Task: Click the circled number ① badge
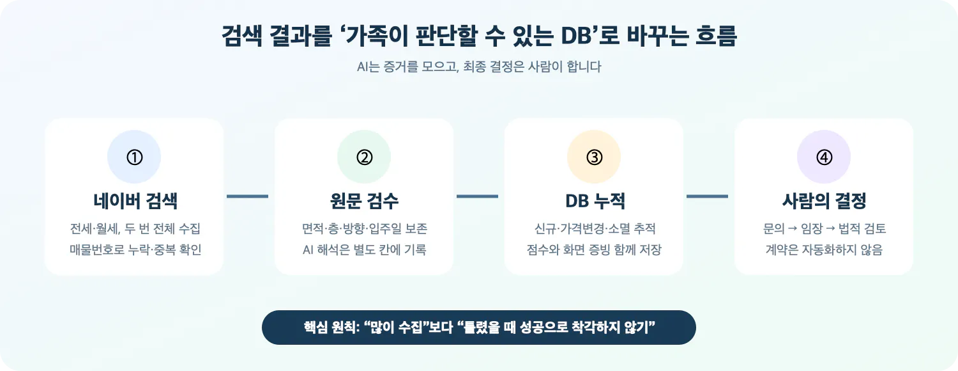click(x=134, y=157)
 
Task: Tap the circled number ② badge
click(x=364, y=157)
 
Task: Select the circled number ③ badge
click(x=594, y=157)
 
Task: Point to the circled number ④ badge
click(x=824, y=157)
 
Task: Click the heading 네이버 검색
click(x=135, y=200)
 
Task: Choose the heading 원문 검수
click(x=365, y=200)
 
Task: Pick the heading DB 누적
click(x=595, y=200)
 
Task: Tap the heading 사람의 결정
click(x=824, y=200)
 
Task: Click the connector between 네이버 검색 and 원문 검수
click(x=248, y=196)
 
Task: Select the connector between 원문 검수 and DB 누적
click(x=477, y=196)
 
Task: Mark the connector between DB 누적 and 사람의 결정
click(x=708, y=196)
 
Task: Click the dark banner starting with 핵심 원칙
click(x=478, y=328)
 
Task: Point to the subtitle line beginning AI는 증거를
click(x=479, y=67)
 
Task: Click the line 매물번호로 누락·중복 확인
click(x=135, y=249)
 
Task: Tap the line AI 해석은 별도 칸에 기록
click(x=365, y=249)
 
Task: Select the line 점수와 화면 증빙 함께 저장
click(x=594, y=249)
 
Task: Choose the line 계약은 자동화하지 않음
click(x=824, y=249)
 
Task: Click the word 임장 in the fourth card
click(x=812, y=228)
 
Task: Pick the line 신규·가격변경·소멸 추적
click(x=595, y=228)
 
